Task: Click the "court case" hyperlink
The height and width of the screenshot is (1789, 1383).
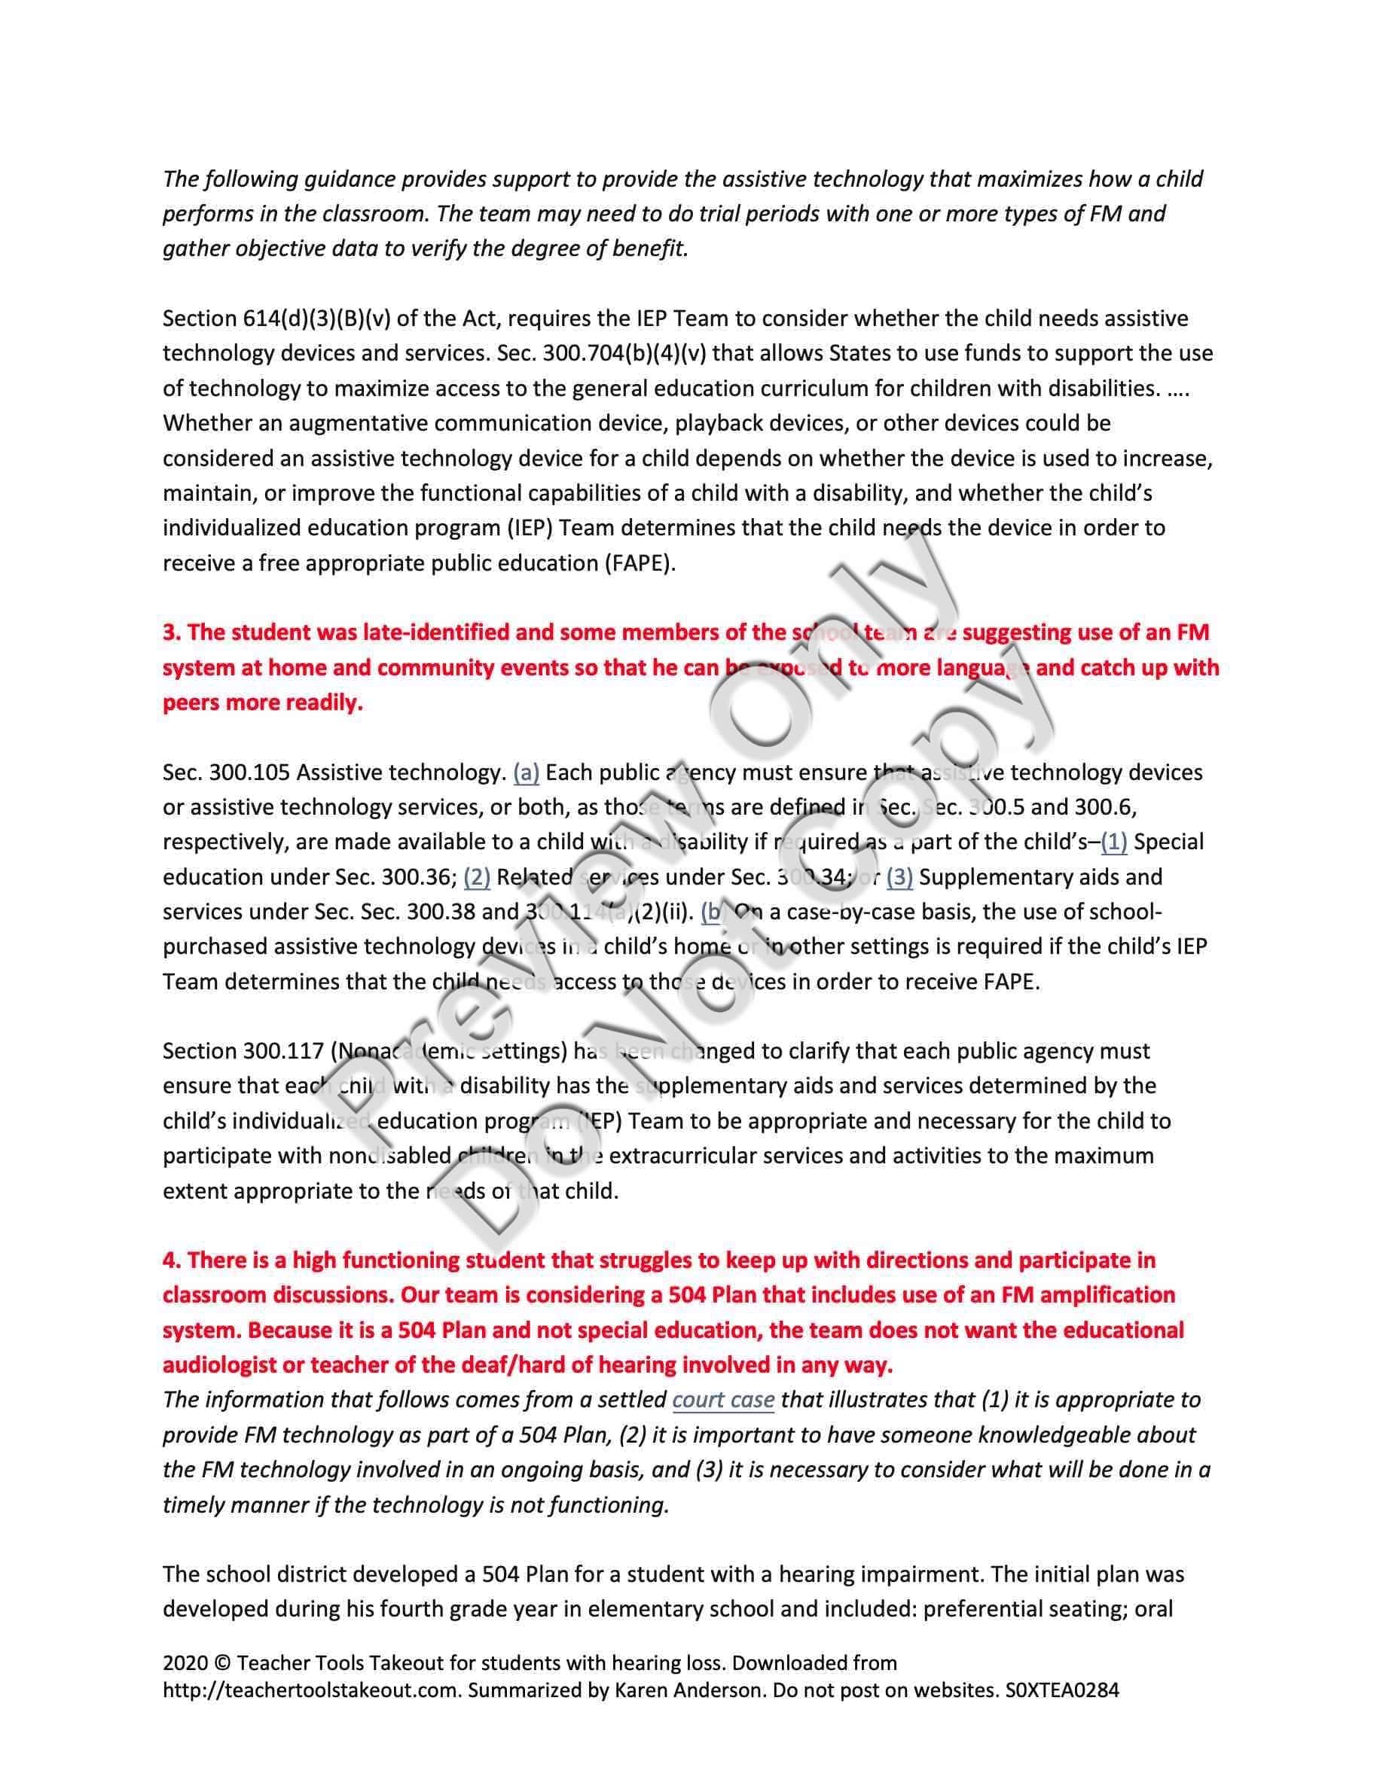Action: click(722, 1399)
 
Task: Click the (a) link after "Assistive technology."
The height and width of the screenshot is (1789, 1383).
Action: click(526, 773)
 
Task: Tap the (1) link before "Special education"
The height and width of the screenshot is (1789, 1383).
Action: click(1113, 842)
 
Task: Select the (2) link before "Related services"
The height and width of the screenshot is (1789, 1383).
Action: click(477, 877)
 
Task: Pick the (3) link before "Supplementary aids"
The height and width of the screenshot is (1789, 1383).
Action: click(899, 877)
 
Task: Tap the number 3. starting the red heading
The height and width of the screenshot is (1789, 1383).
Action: click(171, 632)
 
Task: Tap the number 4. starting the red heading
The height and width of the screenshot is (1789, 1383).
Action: click(171, 1260)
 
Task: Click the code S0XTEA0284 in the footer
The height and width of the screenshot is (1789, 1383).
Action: click(1062, 1690)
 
